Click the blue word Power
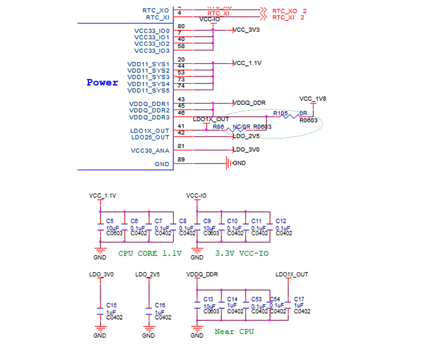point(102,82)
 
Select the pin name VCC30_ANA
point(150,151)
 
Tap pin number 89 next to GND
point(182,160)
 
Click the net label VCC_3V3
point(246,30)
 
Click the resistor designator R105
point(280,113)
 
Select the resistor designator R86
point(218,127)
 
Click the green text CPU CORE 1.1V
point(150,254)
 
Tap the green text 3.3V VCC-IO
point(242,254)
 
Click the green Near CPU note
point(234,331)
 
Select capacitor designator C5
point(109,221)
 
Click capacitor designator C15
point(111,305)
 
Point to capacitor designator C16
point(159,305)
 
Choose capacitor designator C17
point(299,299)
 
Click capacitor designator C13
point(208,299)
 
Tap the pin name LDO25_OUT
point(150,137)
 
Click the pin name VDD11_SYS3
point(149,77)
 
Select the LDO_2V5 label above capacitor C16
point(147,275)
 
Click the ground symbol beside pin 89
point(228,163)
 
